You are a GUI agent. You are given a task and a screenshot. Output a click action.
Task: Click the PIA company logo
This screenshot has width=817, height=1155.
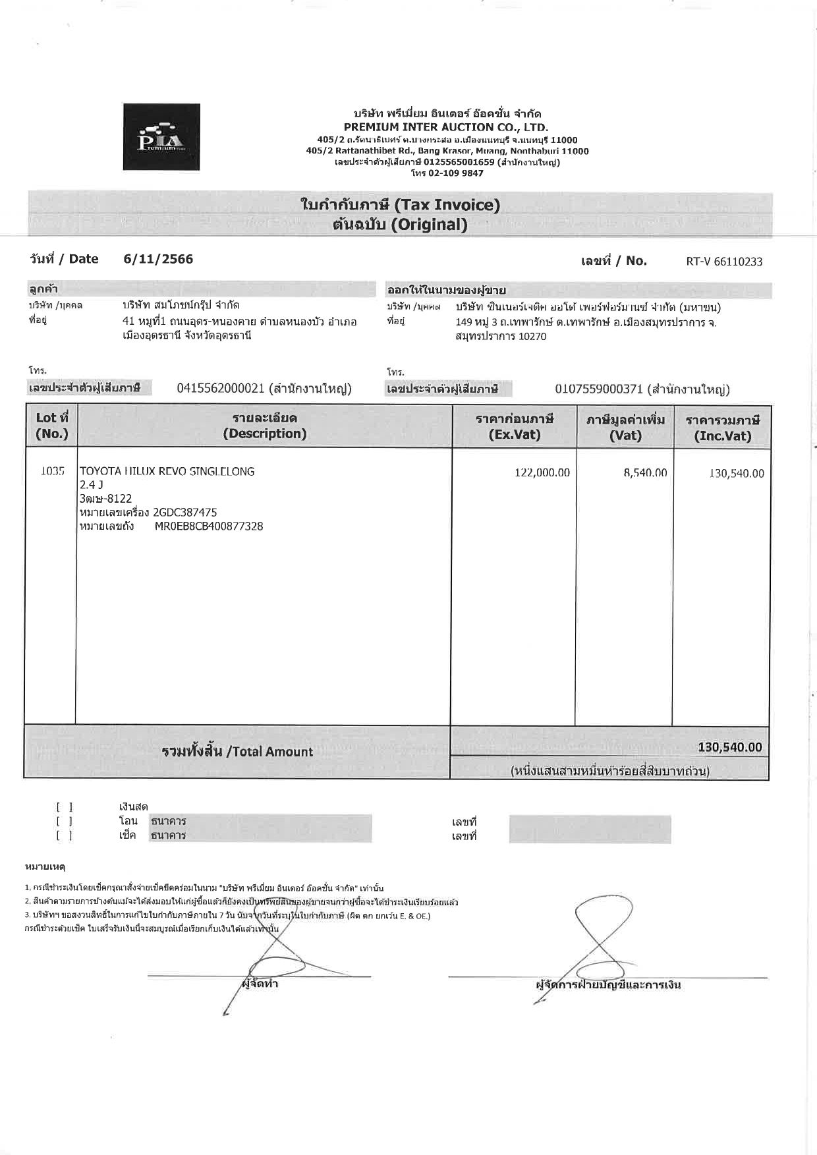161,137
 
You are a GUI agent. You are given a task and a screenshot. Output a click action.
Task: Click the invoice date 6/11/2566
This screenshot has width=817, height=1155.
158,259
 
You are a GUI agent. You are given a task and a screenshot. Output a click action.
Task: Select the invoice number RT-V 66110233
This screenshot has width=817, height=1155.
724,262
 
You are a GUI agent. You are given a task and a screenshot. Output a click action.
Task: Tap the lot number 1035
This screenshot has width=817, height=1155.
52,471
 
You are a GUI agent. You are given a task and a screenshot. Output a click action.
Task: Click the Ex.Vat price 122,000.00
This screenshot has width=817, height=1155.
542,473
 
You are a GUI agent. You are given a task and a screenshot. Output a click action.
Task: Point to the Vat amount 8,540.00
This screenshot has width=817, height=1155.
645,473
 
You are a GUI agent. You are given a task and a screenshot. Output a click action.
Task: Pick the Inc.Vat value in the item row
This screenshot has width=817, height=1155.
737,474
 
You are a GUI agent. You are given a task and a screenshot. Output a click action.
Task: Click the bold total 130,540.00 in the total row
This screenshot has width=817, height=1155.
729,747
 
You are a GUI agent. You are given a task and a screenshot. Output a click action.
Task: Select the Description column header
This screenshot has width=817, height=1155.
264,426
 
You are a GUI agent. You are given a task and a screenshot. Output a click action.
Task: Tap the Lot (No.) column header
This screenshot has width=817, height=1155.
51,426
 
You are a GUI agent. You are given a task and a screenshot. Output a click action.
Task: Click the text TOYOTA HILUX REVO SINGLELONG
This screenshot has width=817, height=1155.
167,472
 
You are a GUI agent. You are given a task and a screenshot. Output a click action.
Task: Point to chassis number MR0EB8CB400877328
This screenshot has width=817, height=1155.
209,526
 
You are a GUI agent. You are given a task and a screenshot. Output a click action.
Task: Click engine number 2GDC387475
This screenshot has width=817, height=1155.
184,513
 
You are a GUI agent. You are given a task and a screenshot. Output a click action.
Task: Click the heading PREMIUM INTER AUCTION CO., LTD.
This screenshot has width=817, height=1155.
445,127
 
